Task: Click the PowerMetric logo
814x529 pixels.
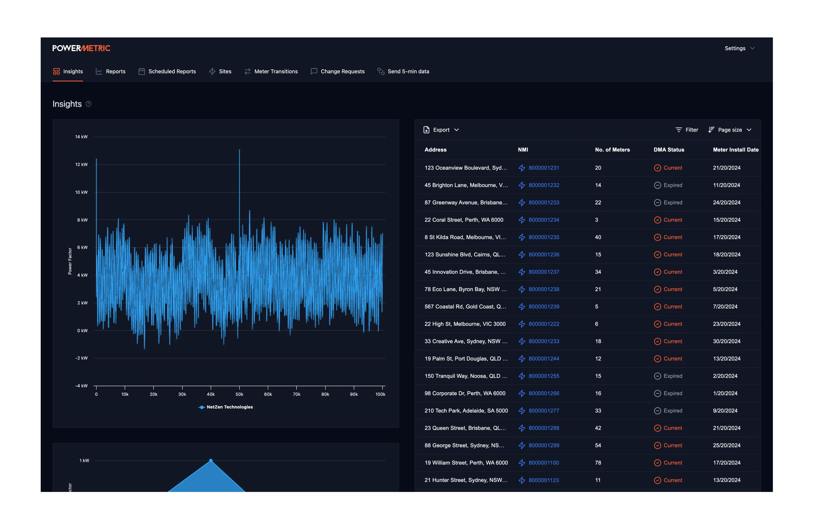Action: pyautogui.click(x=81, y=48)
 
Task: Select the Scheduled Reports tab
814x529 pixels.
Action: pyautogui.click(x=167, y=71)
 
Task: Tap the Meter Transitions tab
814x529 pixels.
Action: pyautogui.click(x=271, y=71)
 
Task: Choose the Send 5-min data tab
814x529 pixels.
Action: pyautogui.click(x=403, y=71)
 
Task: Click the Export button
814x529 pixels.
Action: pyautogui.click(x=441, y=130)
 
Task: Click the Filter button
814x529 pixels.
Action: pyautogui.click(x=687, y=130)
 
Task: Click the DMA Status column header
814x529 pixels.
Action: pyautogui.click(x=669, y=150)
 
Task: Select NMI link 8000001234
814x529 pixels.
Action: pyautogui.click(x=544, y=220)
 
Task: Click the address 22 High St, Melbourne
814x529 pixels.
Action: pyautogui.click(x=465, y=324)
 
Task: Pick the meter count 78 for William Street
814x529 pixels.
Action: pyautogui.click(x=598, y=463)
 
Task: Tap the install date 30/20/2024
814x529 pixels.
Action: pyautogui.click(x=726, y=341)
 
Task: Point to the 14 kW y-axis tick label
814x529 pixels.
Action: pyautogui.click(x=81, y=137)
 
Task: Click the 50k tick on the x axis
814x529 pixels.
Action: pyautogui.click(x=239, y=394)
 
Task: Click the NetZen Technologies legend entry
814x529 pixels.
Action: pyautogui.click(x=226, y=407)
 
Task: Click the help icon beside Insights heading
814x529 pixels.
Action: pyautogui.click(x=88, y=104)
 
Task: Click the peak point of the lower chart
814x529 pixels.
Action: pyautogui.click(x=211, y=461)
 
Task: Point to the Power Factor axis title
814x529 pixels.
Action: pyautogui.click(x=70, y=261)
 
